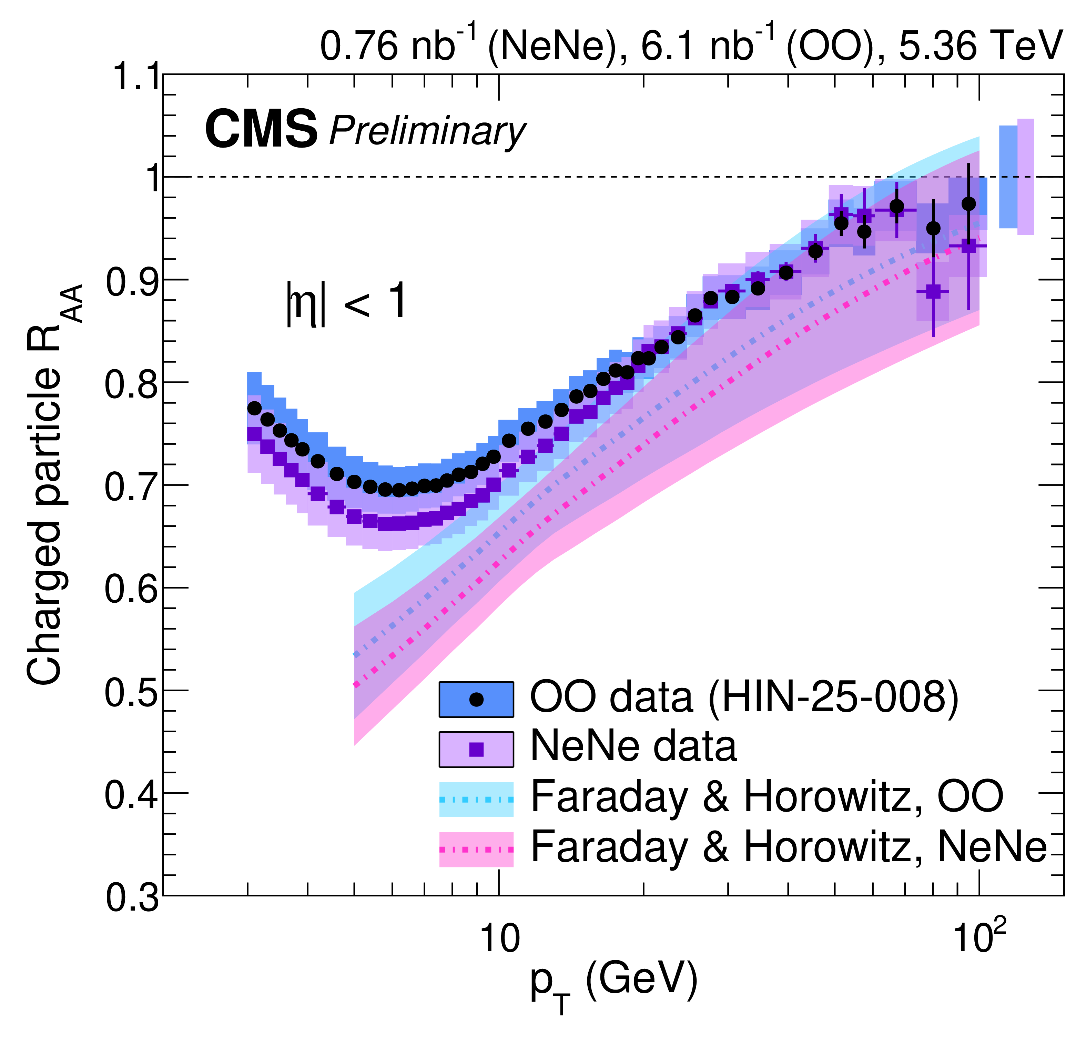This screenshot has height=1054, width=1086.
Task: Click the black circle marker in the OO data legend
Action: (x=476, y=699)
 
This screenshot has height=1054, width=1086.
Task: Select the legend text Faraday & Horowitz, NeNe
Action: (x=788, y=848)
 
